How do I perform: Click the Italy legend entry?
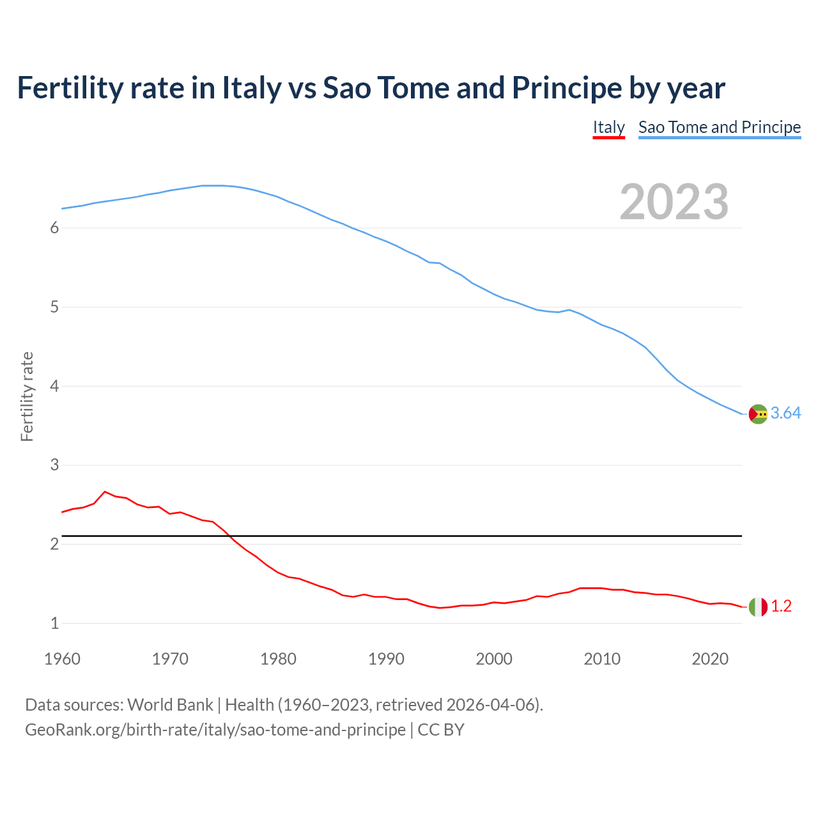click(x=608, y=127)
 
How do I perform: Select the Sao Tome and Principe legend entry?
click(x=720, y=127)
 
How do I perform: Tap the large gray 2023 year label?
click(x=674, y=202)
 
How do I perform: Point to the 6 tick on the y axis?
click(x=54, y=228)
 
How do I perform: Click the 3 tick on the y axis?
click(x=54, y=465)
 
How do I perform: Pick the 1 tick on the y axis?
click(x=54, y=623)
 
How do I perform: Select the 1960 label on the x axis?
click(x=62, y=659)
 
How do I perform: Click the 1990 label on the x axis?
click(x=386, y=659)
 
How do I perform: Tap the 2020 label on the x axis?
click(x=710, y=659)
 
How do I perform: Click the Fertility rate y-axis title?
click(x=27, y=396)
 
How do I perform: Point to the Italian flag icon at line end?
click(x=758, y=606)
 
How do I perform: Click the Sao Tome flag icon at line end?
click(x=758, y=414)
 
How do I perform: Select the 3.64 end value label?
click(x=785, y=413)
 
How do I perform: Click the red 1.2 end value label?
click(x=781, y=606)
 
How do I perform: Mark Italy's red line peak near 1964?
click(x=105, y=491)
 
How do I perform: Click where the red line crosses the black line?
click(x=229, y=536)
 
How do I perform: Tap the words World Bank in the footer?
click(x=170, y=705)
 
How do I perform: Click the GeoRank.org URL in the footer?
click(x=215, y=730)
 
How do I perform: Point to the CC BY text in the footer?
click(x=441, y=730)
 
